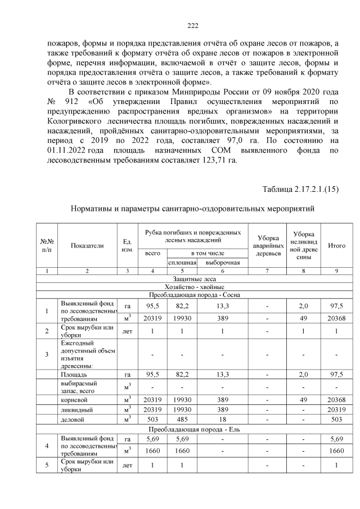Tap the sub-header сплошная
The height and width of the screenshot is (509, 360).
pos(181,263)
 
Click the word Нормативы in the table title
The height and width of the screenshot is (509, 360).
pos(92,209)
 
